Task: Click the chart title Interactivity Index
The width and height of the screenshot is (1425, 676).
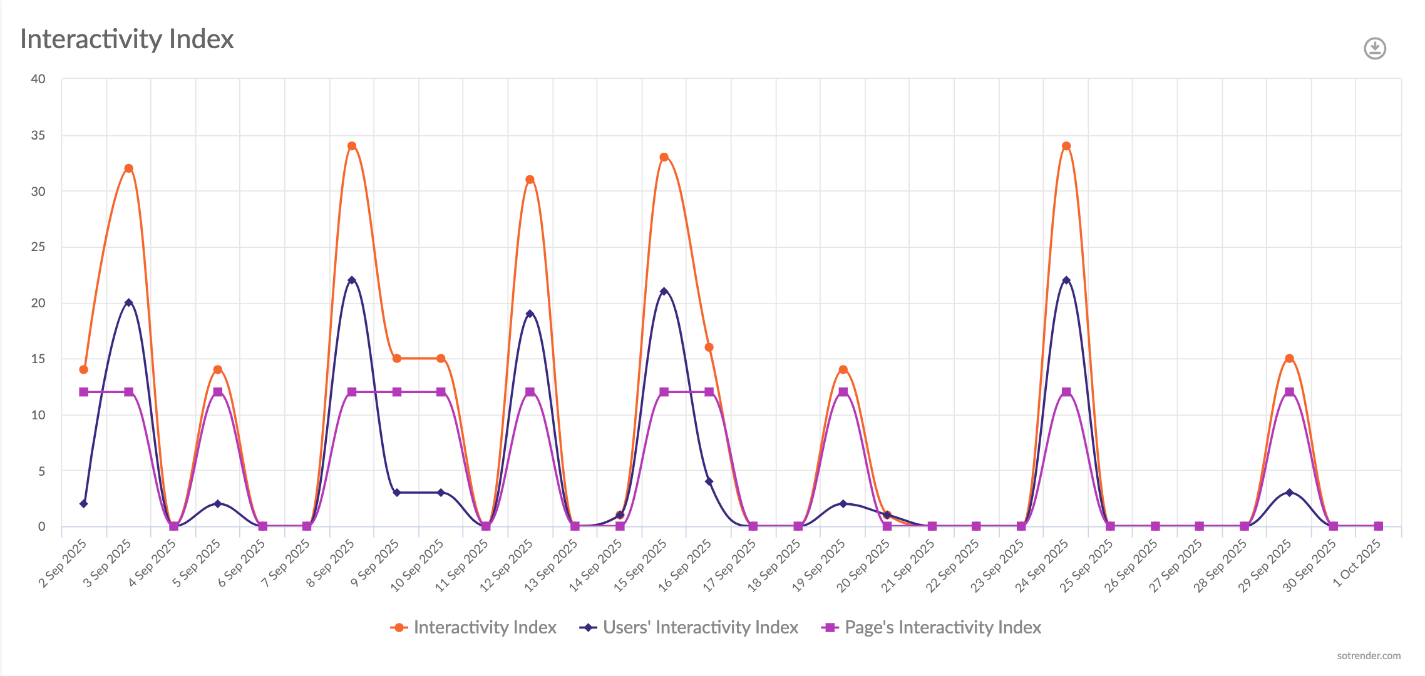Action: pos(127,39)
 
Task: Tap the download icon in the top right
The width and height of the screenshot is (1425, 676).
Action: pos(1375,48)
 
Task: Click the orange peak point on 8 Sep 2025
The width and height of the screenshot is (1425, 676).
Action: pos(352,146)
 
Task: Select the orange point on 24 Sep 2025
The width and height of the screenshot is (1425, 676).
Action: pos(1066,146)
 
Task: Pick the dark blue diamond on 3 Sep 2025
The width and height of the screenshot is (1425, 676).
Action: pos(128,302)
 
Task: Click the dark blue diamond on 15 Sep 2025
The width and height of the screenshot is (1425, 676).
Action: pos(664,291)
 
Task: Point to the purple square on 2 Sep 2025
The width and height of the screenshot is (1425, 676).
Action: pos(83,392)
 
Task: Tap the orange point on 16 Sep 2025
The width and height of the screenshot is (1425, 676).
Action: pos(709,347)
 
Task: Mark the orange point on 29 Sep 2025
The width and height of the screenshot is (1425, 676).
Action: pos(1289,359)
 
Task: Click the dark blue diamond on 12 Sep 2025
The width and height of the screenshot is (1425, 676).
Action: pos(530,314)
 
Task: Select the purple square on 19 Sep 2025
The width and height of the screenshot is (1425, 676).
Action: pos(843,392)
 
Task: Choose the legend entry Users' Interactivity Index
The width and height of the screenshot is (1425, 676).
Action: pos(700,627)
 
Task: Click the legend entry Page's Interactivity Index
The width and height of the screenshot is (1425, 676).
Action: pos(942,627)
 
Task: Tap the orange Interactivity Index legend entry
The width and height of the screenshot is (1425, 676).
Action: pos(484,627)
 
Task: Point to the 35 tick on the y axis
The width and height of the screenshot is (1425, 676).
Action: pos(38,135)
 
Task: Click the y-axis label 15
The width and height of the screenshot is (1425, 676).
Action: pos(38,359)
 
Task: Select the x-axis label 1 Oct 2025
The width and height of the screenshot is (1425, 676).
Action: pos(1357,563)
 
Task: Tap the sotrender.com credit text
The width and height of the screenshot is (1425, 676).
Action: pos(1369,655)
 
